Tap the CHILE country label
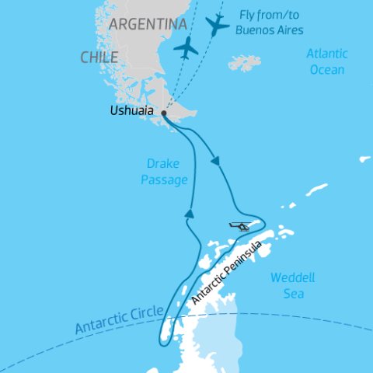(x=99, y=58)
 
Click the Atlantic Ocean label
(x=326, y=62)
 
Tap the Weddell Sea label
(x=288, y=285)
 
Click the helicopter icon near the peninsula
(x=241, y=226)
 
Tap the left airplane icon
(x=186, y=47)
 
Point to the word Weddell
(x=288, y=277)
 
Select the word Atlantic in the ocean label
(x=326, y=54)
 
